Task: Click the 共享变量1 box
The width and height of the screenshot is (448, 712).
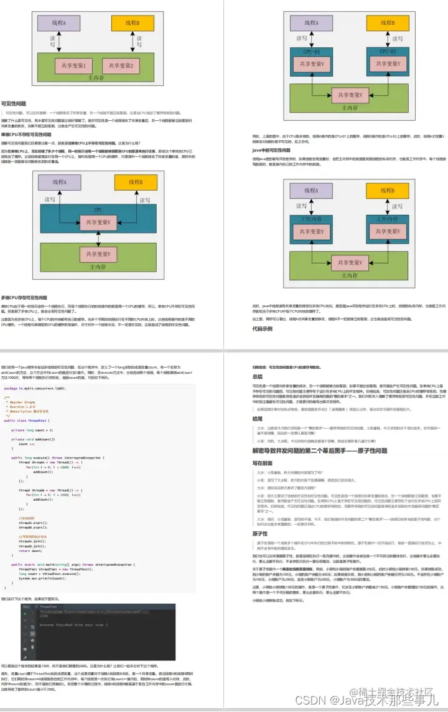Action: click(74, 65)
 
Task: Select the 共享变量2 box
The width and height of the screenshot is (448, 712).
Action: click(122, 65)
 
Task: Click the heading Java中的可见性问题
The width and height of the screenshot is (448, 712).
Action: click(271, 150)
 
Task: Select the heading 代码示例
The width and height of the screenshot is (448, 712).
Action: click(262, 329)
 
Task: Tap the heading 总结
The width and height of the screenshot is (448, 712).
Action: click(258, 376)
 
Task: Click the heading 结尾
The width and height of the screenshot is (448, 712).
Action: click(258, 419)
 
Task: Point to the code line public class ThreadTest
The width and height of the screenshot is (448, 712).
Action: click(27, 420)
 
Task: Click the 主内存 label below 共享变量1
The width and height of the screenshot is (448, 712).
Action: click(97, 78)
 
